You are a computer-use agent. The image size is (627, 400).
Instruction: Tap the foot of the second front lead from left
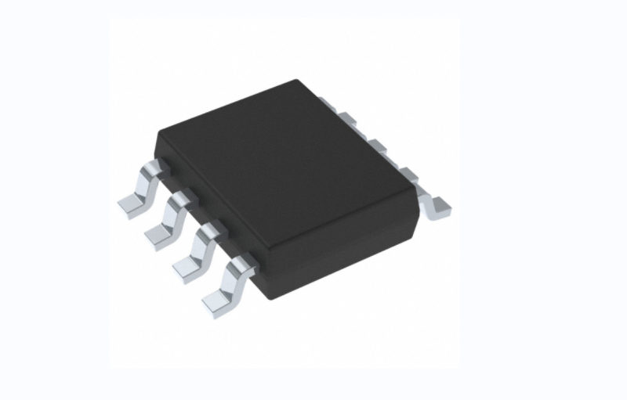coord(158,232)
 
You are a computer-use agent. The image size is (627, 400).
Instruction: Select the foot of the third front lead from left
coord(186,265)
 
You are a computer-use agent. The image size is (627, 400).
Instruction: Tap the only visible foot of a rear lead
coord(437,204)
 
